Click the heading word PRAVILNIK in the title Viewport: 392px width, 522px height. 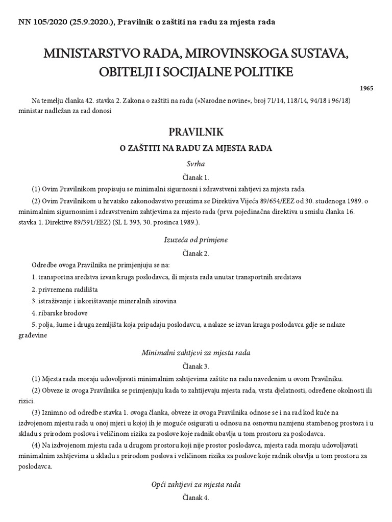[196, 133]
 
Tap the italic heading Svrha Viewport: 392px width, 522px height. [196, 165]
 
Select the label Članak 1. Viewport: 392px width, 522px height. [196, 178]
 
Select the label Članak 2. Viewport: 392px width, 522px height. [196, 252]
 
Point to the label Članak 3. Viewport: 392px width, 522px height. [196, 366]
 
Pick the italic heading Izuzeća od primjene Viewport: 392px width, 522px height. [196, 239]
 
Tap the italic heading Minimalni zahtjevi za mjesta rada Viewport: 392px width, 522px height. [196, 353]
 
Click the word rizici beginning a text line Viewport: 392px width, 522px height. [26, 401]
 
